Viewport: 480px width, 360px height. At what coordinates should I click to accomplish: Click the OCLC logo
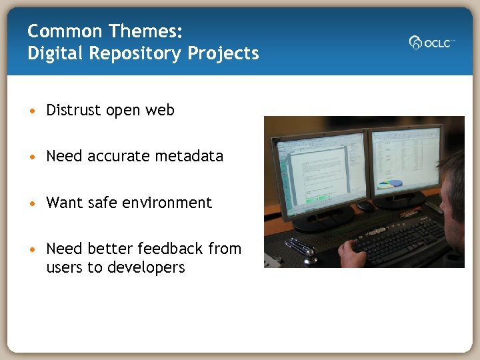point(431,42)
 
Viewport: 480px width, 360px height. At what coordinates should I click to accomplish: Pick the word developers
point(145,267)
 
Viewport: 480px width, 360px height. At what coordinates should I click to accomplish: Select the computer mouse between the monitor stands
point(365,207)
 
